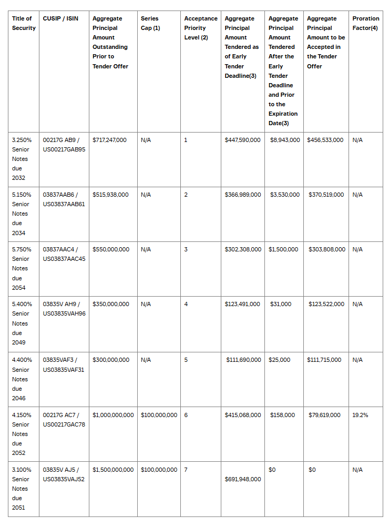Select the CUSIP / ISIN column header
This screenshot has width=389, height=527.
pyautogui.click(x=60, y=18)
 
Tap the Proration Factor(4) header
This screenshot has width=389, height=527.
pyautogui.click(x=365, y=23)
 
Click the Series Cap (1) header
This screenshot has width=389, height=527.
pyautogui.click(x=150, y=23)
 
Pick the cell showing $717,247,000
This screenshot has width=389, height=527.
pyautogui.click(x=109, y=140)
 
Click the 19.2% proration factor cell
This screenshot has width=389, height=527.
pyautogui.click(x=360, y=415)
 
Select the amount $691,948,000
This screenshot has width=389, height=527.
pyautogui.click(x=242, y=479)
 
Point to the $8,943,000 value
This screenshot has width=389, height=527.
pyautogui.click(x=285, y=140)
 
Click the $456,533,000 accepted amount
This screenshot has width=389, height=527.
pyautogui.click(x=325, y=140)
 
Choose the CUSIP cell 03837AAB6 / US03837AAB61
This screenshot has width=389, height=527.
pyautogui.click(x=64, y=199)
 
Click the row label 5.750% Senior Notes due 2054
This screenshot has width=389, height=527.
pyautogui.click(x=22, y=268)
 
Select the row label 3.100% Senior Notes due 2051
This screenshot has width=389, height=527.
pyautogui.click(x=22, y=489)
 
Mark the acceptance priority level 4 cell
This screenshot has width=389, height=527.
pyautogui.click(x=186, y=304)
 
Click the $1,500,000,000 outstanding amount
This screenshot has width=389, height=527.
pyautogui.click(x=113, y=470)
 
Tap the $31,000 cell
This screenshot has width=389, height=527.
pyautogui.click(x=281, y=304)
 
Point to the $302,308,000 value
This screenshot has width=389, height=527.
pyautogui.click(x=243, y=249)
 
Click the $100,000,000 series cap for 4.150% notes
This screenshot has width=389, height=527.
pyautogui.click(x=159, y=415)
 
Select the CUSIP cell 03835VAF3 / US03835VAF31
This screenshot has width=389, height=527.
pyautogui.click(x=64, y=364)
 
